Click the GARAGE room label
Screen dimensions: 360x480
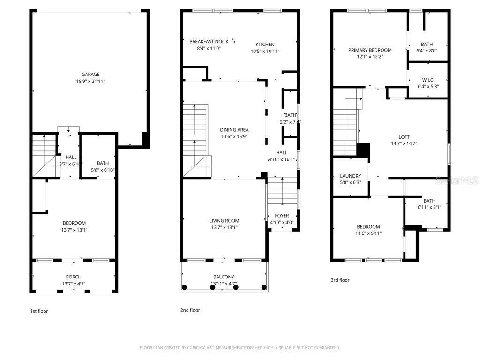[x=90, y=74]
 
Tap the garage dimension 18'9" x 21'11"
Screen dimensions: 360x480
[x=90, y=81]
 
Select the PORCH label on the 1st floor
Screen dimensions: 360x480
[x=74, y=277]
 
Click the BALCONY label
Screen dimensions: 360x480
[x=224, y=277]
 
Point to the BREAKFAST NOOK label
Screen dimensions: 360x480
[x=209, y=41]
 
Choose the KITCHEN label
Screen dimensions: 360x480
[x=265, y=45]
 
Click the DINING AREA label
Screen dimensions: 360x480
[x=234, y=130]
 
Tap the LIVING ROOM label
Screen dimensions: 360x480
[x=224, y=221]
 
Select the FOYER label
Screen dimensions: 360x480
[x=282, y=216]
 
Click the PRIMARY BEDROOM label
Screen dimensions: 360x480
[x=370, y=50]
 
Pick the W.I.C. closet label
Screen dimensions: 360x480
[x=428, y=80]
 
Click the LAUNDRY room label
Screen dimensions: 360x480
[x=350, y=176]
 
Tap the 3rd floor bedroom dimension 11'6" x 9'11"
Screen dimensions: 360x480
[x=368, y=233]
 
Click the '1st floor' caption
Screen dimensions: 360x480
[x=39, y=311]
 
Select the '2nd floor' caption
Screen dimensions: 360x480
[x=190, y=310]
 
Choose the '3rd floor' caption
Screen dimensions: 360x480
[x=340, y=280]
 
